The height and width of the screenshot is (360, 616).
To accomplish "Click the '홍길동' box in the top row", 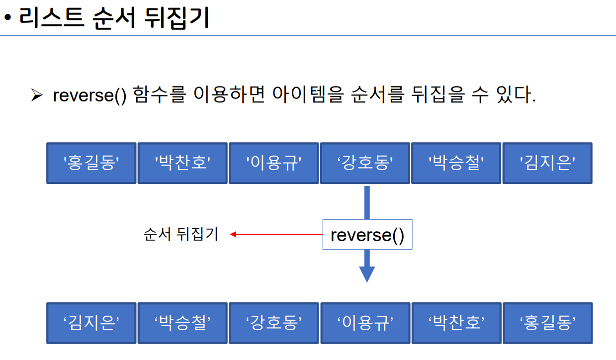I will pyautogui.click(x=91, y=163).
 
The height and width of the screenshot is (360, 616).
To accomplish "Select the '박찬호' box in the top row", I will pyautogui.click(x=182, y=163).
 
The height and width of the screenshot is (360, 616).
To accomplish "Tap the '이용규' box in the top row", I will pyautogui.click(x=274, y=163).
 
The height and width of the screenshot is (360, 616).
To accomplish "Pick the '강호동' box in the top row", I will pyautogui.click(x=365, y=163).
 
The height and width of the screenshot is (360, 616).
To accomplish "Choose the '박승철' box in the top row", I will pyautogui.click(x=456, y=163).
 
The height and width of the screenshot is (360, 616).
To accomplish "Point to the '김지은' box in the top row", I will pyautogui.click(x=547, y=163).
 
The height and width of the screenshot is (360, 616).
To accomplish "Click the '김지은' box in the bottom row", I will pyautogui.click(x=91, y=323).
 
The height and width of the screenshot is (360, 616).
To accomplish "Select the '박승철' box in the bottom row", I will pyautogui.click(x=182, y=323).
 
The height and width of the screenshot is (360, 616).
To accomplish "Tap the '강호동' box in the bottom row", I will pyautogui.click(x=274, y=323).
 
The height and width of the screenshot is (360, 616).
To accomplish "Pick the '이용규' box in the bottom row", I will pyautogui.click(x=365, y=323).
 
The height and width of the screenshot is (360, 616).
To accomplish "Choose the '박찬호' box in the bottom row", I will pyautogui.click(x=456, y=323).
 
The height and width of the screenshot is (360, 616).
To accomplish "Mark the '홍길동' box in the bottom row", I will pyautogui.click(x=547, y=323).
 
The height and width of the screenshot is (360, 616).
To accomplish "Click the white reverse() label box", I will pyautogui.click(x=367, y=234).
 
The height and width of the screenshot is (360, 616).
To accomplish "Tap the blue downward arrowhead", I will pyautogui.click(x=367, y=274).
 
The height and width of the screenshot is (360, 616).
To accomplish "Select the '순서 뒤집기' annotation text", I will pyautogui.click(x=181, y=234).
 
